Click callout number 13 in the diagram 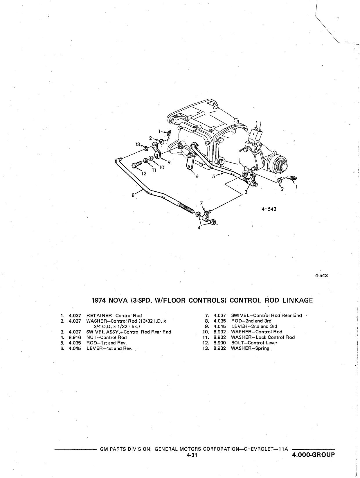(x=138, y=144)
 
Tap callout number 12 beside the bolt (x=144, y=173)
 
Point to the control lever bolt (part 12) (x=136, y=165)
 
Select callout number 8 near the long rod (x=133, y=195)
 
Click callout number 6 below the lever (x=197, y=176)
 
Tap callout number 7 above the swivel (x=201, y=203)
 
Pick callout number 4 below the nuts (x=199, y=228)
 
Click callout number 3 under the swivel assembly (x=246, y=192)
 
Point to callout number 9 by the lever (x=169, y=162)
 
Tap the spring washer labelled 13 (x=146, y=149)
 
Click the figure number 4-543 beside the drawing (x=269, y=209)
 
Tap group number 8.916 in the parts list (x=75, y=337)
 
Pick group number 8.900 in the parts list (x=219, y=343)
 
